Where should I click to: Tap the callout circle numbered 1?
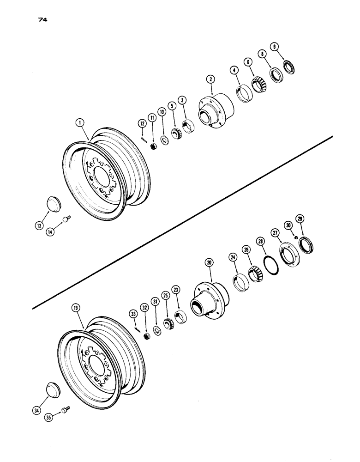(81, 123)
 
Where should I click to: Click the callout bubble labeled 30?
(288, 225)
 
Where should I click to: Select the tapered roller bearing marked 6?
(260, 85)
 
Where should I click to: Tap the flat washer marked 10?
(165, 140)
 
